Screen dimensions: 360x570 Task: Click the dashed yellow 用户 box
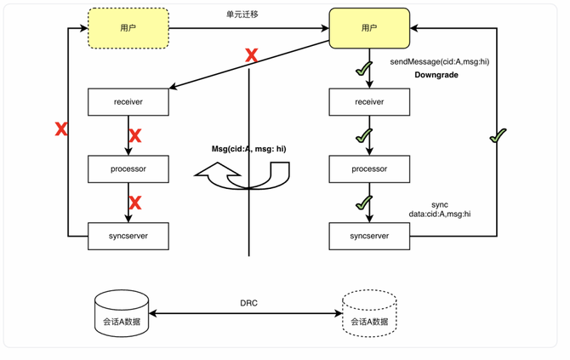(x=128, y=29)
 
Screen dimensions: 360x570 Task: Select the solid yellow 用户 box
(x=369, y=29)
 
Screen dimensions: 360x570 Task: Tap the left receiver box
(x=128, y=102)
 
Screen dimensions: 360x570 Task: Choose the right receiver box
(x=369, y=102)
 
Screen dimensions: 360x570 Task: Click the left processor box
(x=128, y=169)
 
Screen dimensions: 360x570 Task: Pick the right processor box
(x=369, y=169)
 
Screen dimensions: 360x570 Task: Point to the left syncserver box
(x=128, y=235)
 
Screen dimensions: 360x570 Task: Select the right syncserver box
(x=369, y=235)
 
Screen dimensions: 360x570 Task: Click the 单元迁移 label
(x=248, y=15)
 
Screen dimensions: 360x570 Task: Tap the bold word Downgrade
(x=438, y=76)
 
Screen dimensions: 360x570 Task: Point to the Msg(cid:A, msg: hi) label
(x=248, y=149)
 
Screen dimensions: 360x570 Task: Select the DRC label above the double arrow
(x=248, y=304)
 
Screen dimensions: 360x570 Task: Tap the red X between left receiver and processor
(x=134, y=135)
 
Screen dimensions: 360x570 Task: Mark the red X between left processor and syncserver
(x=134, y=202)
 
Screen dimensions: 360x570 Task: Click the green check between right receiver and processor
(x=365, y=135)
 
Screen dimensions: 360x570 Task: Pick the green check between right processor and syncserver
(x=365, y=203)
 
